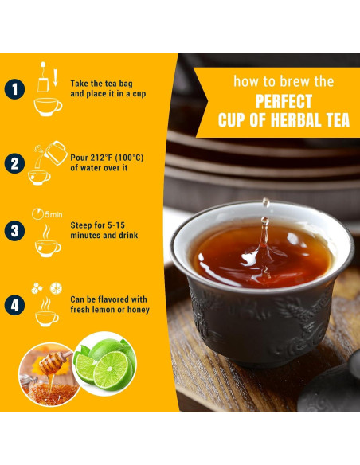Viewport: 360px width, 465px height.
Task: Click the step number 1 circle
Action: coord(14,89)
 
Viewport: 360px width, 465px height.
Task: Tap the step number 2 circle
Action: coord(14,163)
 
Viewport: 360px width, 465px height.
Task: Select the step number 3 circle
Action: coord(14,231)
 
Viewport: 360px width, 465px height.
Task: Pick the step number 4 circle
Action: coord(14,305)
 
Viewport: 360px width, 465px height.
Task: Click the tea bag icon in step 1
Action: coord(43,78)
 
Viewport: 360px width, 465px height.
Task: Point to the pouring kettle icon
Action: coord(56,153)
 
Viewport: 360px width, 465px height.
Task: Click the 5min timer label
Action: coord(53,214)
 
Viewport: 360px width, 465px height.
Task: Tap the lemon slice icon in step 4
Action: coord(56,288)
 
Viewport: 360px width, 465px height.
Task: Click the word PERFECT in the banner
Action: coord(284,101)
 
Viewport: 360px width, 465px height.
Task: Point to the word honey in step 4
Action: coord(139,310)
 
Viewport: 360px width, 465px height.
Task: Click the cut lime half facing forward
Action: coord(112,371)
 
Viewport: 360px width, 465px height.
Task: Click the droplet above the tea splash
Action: coord(266,202)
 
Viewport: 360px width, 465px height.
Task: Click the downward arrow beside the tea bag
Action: coord(56,78)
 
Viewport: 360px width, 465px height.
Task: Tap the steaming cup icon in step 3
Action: coord(48,240)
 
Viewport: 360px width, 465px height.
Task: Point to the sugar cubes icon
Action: coord(37,288)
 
